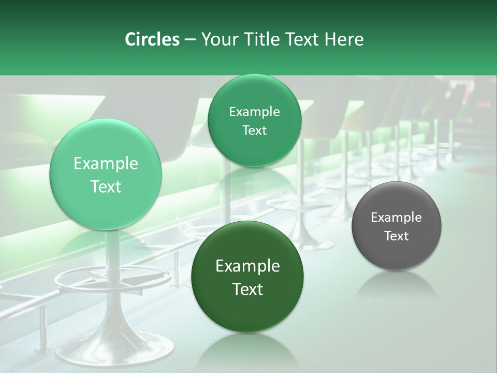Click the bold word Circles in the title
click(152, 39)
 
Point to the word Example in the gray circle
click(397, 218)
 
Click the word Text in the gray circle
click(397, 236)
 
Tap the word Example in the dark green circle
click(247, 266)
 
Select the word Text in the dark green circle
click(247, 289)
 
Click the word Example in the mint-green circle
click(106, 164)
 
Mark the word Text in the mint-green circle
click(106, 187)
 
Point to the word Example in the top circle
click(254, 112)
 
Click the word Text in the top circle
click(254, 131)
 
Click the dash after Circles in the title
click(189, 40)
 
